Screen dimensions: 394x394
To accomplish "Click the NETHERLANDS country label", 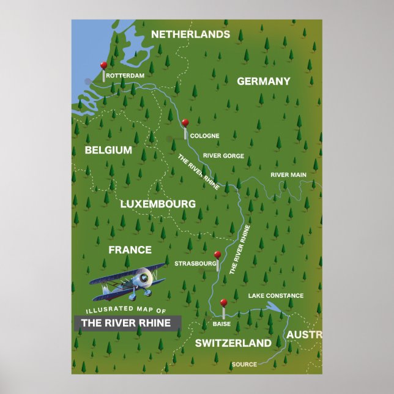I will (x=190, y=34).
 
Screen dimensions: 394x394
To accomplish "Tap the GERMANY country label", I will (x=263, y=81).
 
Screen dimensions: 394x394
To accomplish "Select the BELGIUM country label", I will (x=108, y=150).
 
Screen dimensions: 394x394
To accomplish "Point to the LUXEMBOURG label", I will (x=158, y=204).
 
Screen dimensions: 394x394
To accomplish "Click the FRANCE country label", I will (x=130, y=250).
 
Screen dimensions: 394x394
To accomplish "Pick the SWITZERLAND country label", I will (x=232, y=343).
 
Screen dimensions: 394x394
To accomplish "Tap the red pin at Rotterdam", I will (x=104, y=65).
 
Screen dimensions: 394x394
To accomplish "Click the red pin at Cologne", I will (x=185, y=123).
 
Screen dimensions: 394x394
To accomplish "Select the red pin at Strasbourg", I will (x=217, y=255).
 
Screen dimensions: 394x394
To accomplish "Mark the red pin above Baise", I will (x=223, y=302).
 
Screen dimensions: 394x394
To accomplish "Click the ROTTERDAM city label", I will (x=125, y=76).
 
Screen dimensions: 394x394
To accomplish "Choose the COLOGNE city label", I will (x=204, y=136).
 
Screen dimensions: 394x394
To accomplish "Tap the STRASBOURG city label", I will (x=195, y=264).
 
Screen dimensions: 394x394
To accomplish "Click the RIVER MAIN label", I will (x=288, y=175).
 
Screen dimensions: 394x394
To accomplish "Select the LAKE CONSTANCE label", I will (x=275, y=295).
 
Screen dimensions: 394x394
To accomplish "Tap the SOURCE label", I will (x=244, y=365).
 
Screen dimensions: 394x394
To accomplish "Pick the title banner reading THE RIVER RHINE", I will (x=127, y=323).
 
